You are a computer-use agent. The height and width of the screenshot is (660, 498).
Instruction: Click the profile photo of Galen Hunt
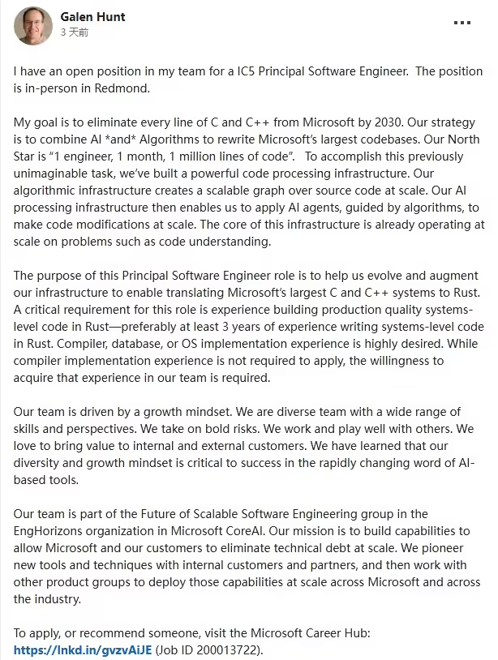32,24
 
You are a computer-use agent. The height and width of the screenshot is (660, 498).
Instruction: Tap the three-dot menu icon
462,23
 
